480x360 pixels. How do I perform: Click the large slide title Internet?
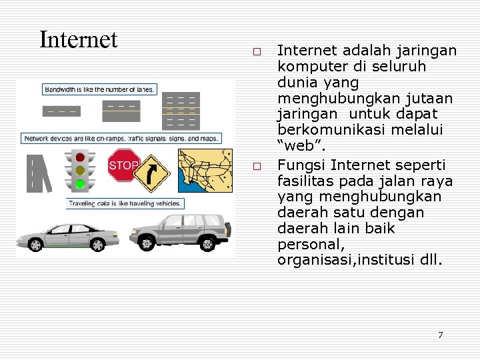tap(78, 40)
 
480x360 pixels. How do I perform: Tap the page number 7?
tap(440, 335)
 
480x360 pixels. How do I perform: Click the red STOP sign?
tap(123, 165)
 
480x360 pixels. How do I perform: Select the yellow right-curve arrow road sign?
tap(152, 173)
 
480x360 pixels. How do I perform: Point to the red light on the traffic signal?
tap(80, 158)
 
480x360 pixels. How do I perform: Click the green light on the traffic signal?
tap(80, 183)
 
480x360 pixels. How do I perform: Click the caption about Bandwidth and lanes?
tap(99, 89)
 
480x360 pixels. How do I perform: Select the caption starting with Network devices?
tap(121, 139)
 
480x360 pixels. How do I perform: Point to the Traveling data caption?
tap(123, 203)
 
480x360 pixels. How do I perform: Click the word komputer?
tap(307, 67)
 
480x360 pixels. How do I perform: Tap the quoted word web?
tap(297, 146)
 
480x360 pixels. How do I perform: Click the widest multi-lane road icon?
tap(181, 110)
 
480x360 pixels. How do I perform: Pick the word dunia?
tap(295, 83)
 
